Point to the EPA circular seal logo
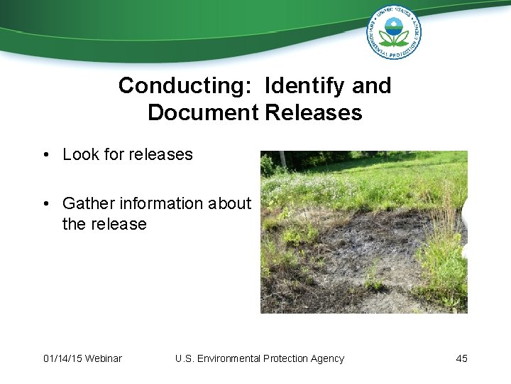point(393,32)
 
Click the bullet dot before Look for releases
point(45,155)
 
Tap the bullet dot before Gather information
point(45,204)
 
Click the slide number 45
point(461,358)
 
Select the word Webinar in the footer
point(103,358)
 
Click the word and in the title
point(372,86)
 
